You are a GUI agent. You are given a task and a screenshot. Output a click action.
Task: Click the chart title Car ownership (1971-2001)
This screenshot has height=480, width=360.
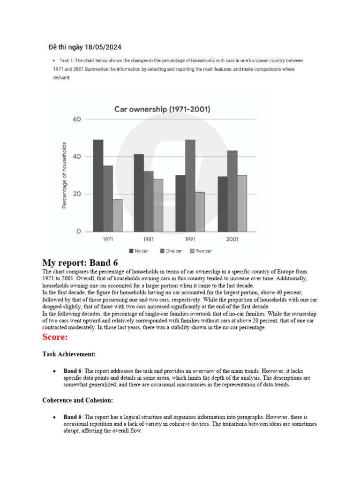(x=162, y=109)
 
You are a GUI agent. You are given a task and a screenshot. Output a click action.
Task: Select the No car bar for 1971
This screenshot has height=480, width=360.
(x=98, y=186)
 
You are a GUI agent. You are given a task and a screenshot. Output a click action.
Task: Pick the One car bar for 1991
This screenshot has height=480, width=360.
(x=190, y=186)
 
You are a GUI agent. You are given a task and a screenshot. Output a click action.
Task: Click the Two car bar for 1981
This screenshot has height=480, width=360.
(x=158, y=205)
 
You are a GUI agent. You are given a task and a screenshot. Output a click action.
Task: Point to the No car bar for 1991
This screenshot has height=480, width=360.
(x=180, y=203)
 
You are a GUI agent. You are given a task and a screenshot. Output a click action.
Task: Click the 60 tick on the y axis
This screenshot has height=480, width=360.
(x=77, y=119)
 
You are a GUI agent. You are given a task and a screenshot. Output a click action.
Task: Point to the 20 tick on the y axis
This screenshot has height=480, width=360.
(x=77, y=194)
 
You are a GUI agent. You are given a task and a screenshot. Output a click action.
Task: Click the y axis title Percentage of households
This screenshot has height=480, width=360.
(x=64, y=175)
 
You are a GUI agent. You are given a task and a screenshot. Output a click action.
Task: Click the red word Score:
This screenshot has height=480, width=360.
(x=55, y=337)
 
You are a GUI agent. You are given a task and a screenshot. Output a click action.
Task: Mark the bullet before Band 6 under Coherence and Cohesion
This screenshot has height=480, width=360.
(x=55, y=417)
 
